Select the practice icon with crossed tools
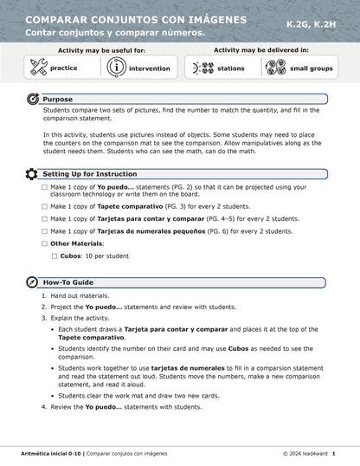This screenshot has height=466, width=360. (x=38, y=67)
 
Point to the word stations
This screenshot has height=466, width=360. (x=230, y=68)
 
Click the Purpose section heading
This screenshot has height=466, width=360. (x=58, y=100)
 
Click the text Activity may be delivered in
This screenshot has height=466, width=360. (x=257, y=51)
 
